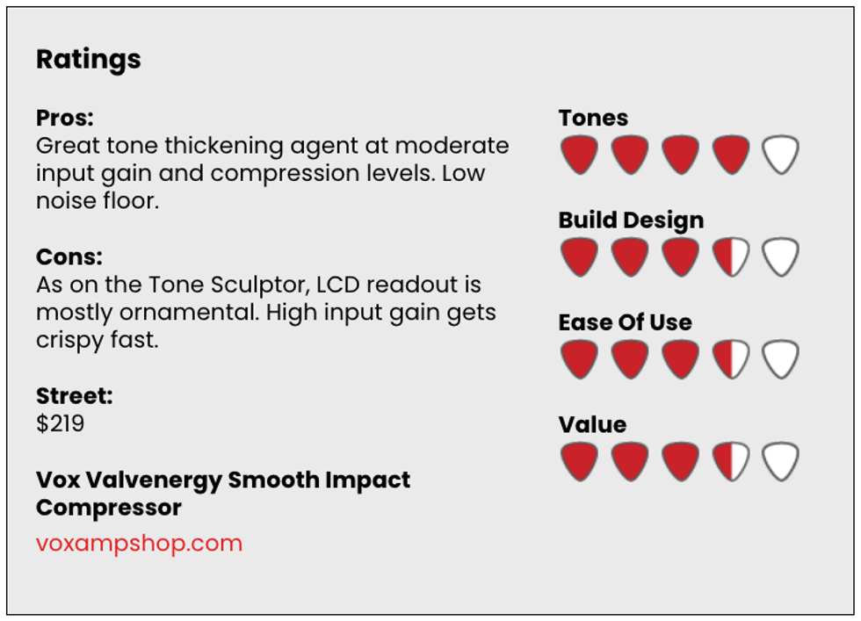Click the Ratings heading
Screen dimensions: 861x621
coord(89,60)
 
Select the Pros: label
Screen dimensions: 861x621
coord(65,118)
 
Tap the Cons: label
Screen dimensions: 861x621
coord(69,256)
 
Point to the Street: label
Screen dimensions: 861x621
coord(74,395)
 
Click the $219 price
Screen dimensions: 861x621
coord(60,423)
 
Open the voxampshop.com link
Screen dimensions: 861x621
coord(139,543)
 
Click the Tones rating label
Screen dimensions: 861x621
coord(593,118)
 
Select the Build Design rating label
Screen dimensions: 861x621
coord(631,220)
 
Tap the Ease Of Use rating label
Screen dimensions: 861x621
coord(625,322)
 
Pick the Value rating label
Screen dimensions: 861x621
coord(592,424)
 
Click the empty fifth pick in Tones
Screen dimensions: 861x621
coord(780,154)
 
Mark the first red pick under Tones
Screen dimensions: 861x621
coord(579,154)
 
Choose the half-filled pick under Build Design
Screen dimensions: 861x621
coord(730,256)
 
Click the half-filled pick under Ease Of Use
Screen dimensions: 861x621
coord(730,358)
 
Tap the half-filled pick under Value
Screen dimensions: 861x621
coord(730,460)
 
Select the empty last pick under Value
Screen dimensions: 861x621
coord(780,460)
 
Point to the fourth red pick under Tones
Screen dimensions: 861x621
coord(730,154)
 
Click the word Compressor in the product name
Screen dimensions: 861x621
coord(109,508)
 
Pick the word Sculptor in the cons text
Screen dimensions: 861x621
coord(260,285)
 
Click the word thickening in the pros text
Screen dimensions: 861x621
coord(223,146)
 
